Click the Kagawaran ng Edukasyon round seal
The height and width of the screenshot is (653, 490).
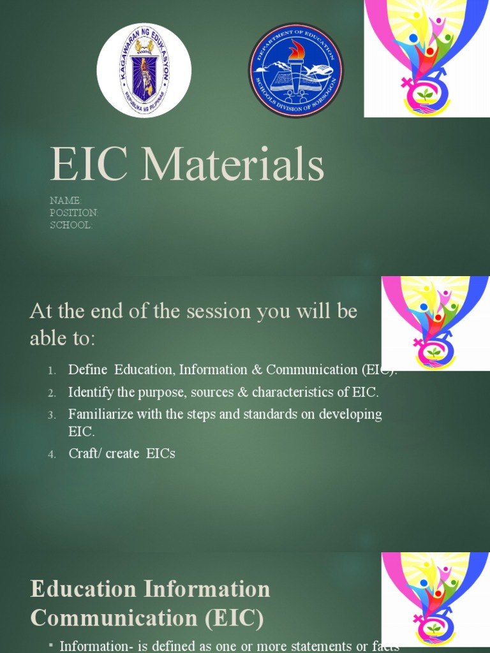pos(144,70)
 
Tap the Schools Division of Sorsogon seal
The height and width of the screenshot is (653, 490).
pos(295,70)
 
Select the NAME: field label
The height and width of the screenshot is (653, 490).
pos(66,201)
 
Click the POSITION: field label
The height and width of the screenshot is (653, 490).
pos(74,213)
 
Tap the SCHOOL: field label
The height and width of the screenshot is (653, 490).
pos(71,225)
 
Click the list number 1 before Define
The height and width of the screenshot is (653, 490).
pos(52,371)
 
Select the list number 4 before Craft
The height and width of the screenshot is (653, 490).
pos(52,454)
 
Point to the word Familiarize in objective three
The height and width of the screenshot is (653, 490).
pos(99,414)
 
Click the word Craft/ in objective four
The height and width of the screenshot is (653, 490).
pos(85,453)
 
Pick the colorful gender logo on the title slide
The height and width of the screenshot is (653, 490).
pos(426,59)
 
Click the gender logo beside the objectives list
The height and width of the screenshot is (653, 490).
pos(435,323)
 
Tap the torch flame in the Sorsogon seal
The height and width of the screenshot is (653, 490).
pos(296,50)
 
